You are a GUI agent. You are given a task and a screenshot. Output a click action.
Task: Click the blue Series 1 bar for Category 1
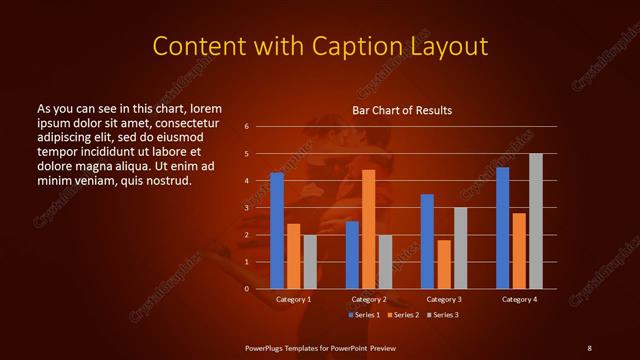tap(277, 231)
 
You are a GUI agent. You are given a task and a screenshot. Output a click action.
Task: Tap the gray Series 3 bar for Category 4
tap(536, 221)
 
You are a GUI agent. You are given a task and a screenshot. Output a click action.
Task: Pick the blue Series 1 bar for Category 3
tap(427, 241)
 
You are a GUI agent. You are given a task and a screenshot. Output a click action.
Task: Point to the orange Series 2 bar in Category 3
tap(444, 264)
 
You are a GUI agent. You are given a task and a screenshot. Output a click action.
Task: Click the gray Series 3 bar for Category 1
tap(310, 262)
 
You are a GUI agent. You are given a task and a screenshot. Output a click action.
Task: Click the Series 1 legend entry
tap(364, 315)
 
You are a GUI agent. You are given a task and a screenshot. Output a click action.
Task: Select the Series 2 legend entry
tap(403, 315)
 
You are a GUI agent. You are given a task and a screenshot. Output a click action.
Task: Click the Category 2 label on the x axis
tap(369, 299)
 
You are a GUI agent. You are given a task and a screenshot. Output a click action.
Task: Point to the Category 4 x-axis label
tap(519, 299)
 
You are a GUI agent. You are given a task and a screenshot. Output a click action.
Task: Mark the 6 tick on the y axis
tap(246, 127)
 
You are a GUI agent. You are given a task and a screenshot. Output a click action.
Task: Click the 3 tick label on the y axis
tap(246, 208)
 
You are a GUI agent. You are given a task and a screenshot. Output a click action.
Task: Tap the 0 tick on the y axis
tap(246, 289)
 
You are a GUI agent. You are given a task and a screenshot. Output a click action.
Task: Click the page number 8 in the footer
tap(589, 347)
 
